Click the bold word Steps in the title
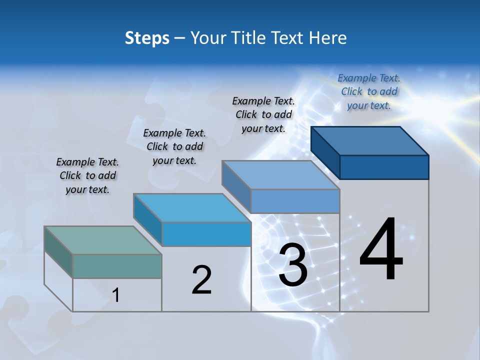pyautogui.click(x=147, y=38)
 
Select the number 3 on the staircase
pyautogui.click(x=293, y=265)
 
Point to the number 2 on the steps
pyautogui.click(x=202, y=280)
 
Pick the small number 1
pyautogui.click(x=116, y=295)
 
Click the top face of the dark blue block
pyautogui.click(x=370, y=140)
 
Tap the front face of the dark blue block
pyautogui.click(x=384, y=167)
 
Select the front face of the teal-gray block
pyautogui.click(x=117, y=266)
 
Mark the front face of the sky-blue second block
pyautogui.click(x=206, y=234)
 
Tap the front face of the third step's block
pyautogui.click(x=295, y=201)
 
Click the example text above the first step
pyautogui.click(x=87, y=176)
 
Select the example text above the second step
pyautogui.click(x=174, y=146)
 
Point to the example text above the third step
pyautogui.click(x=263, y=114)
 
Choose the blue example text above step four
pyautogui.click(x=369, y=91)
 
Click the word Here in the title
pyautogui.click(x=327, y=38)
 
